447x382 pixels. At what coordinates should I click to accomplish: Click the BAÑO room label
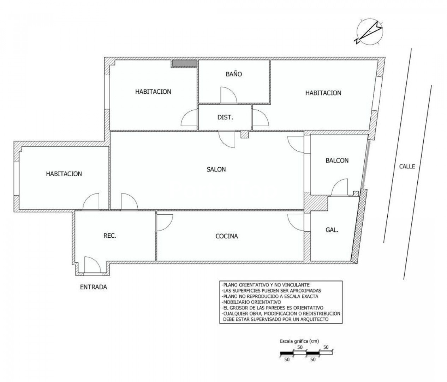(x=234, y=74)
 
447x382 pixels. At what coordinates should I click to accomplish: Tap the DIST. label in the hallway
(x=225, y=117)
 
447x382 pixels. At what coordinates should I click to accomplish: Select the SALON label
(x=216, y=169)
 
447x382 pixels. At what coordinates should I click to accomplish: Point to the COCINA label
(x=227, y=236)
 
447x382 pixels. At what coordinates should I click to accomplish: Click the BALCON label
(x=337, y=161)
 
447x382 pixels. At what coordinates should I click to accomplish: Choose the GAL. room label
(x=332, y=230)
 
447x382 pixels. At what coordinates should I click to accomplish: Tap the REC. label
(x=110, y=236)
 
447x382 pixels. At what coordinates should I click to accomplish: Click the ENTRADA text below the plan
(x=94, y=287)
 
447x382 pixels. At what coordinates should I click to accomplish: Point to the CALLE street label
(x=407, y=166)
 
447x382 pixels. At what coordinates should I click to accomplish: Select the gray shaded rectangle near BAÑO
(x=185, y=63)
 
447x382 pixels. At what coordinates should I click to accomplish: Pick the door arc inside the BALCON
(x=340, y=187)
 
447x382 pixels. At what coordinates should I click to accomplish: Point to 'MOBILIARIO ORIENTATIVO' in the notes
(x=251, y=302)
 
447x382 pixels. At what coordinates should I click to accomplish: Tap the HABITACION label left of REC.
(x=64, y=174)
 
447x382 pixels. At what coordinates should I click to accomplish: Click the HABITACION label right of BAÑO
(x=323, y=93)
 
